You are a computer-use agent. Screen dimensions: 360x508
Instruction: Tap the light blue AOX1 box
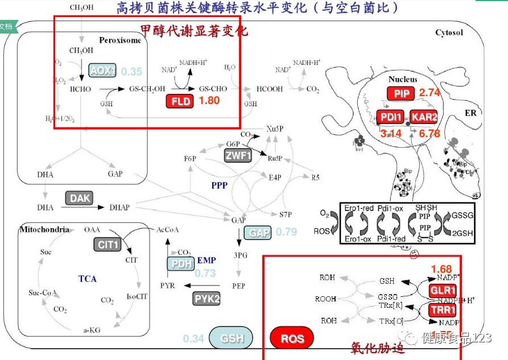point(102,71)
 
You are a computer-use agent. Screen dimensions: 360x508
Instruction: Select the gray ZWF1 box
point(237,155)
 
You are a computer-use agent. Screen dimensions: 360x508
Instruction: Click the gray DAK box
point(79,198)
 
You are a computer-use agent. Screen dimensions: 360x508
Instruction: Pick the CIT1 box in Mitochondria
point(108,245)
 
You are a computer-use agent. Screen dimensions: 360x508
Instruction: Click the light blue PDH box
point(180,264)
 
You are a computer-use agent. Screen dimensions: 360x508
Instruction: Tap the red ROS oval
point(292,339)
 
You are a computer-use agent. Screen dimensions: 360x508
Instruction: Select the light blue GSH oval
point(232,338)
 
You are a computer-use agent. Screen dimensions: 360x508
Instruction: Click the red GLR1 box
point(443,291)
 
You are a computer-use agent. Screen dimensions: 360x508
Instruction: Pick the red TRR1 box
point(443,311)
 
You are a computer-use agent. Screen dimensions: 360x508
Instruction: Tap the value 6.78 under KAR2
point(429,134)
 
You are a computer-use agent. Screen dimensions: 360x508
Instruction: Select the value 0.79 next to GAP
point(286,232)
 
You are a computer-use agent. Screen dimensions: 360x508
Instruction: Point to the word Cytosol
point(449,32)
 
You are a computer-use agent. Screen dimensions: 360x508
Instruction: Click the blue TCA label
point(88,279)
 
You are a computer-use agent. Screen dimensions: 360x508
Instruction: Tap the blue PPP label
point(219,185)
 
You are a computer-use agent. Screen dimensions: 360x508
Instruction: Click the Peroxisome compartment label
point(119,40)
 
